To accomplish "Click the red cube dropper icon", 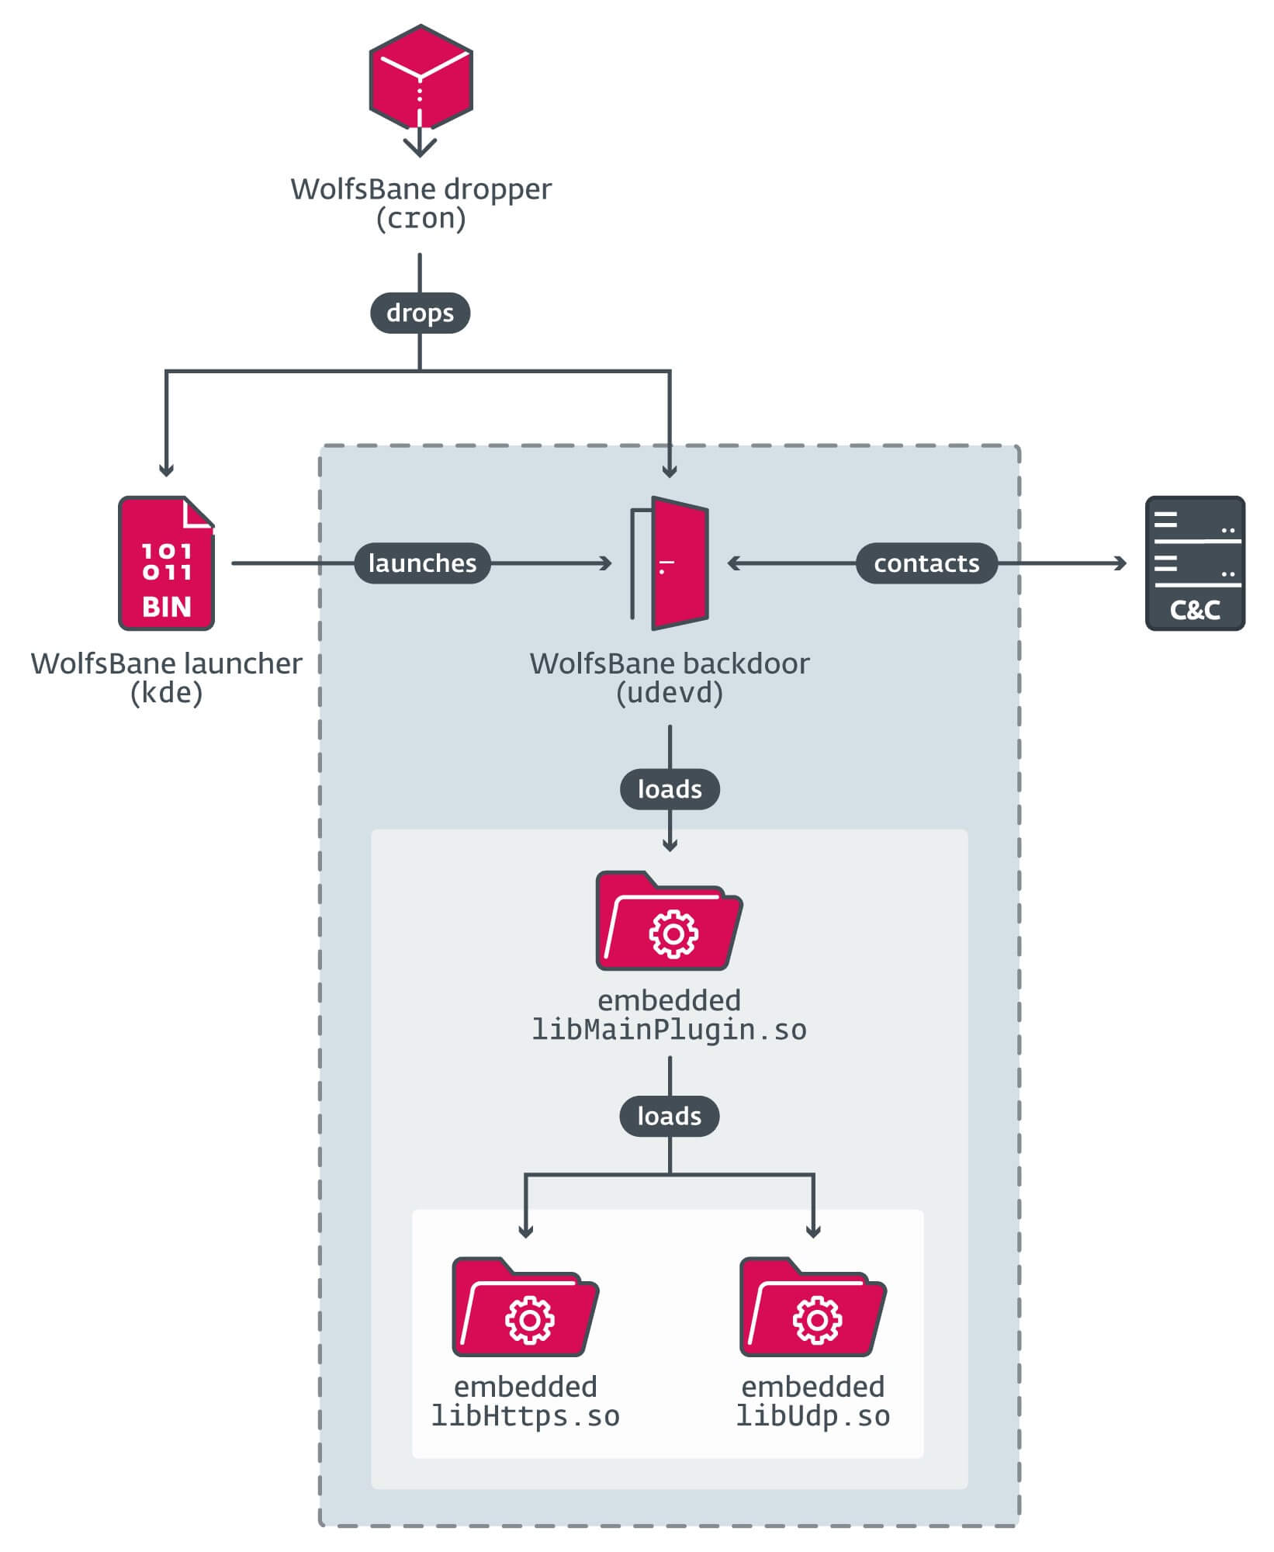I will point(421,78).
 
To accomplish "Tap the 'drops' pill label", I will point(420,313).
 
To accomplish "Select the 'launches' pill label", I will point(422,563).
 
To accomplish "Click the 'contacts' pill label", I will point(926,563).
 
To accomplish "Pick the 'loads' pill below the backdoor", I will point(670,789).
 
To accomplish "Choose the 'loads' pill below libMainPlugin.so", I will point(669,1116).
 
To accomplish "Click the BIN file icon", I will point(166,563).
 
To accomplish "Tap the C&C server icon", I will point(1195,563).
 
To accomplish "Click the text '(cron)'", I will point(421,219).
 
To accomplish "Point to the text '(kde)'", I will point(166,693).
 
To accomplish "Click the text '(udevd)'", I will point(669,693).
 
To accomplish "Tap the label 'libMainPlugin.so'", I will point(669,1030).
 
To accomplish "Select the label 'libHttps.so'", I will point(525,1416).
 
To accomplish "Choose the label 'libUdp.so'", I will point(812,1416).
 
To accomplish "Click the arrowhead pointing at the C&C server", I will point(1121,563).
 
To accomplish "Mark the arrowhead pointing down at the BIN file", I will point(166,470).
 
